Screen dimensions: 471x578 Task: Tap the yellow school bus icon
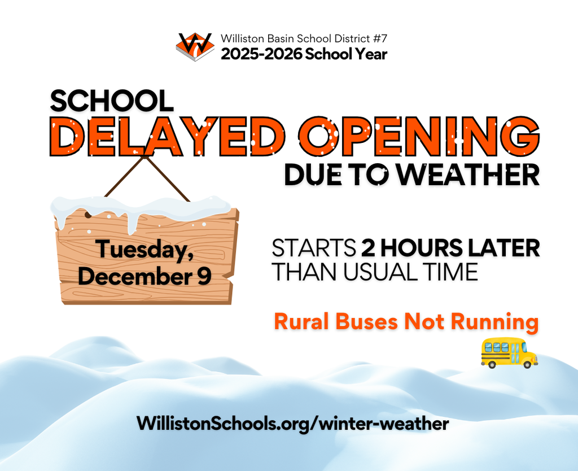(509, 353)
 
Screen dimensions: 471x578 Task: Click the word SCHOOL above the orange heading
(111, 101)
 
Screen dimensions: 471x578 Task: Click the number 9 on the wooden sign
(204, 277)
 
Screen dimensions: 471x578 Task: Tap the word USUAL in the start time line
(370, 272)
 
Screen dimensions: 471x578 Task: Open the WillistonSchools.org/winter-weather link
(292, 423)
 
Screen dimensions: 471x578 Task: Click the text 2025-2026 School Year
(304, 55)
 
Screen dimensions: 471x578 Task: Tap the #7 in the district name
(379, 40)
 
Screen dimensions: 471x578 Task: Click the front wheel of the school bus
(527, 365)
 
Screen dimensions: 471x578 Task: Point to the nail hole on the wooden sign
(87, 215)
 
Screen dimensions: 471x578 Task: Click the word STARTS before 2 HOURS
(312, 248)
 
